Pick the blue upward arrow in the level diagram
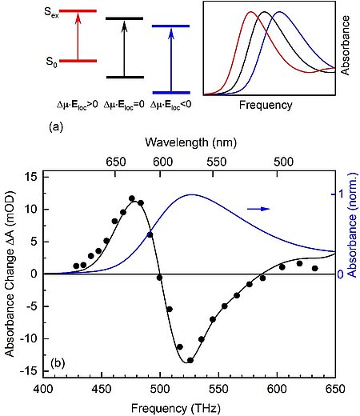(x=170, y=58)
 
